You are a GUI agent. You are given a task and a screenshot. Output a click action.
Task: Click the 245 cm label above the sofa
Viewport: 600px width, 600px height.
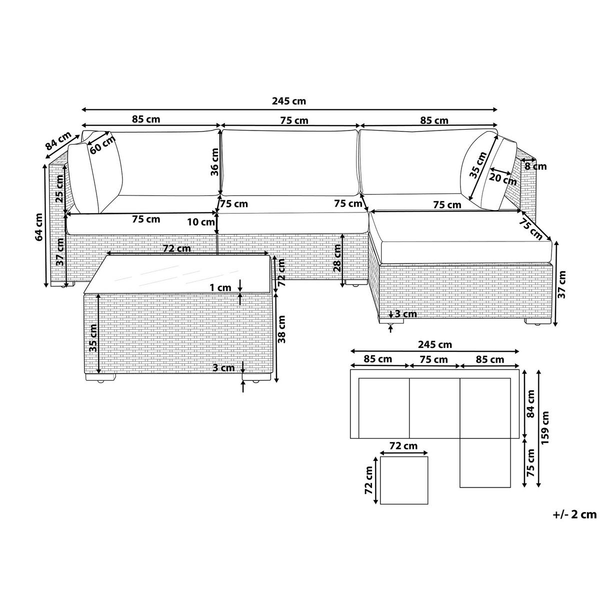click(x=289, y=101)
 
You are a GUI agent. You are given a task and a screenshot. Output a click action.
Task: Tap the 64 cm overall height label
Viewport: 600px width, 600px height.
click(x=39, y=227)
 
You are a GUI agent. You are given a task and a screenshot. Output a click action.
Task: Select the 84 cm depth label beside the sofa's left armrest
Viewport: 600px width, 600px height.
click(x=58, y=140)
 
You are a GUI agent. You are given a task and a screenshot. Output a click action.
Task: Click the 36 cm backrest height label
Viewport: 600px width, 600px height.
click(x=214, y=162)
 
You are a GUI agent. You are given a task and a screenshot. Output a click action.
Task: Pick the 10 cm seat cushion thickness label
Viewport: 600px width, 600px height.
click(x=201, y=222)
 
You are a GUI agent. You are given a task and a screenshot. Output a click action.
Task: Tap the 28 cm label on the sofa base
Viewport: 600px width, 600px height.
click(x=337, y=258)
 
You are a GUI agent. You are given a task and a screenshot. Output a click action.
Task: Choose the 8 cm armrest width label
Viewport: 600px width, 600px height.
click(x=535, y=166)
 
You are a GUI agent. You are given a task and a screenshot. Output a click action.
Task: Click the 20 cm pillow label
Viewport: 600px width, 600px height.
click(x=502, y=179)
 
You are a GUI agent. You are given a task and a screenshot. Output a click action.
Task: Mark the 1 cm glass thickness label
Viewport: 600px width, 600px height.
click(x=220, y=287)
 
